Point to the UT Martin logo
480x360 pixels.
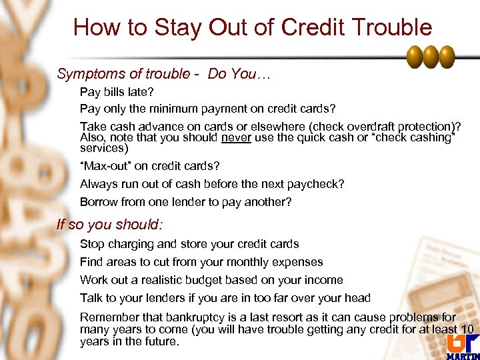coord(461,344)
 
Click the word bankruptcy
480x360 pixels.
coord(185,318)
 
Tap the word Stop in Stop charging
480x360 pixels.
coord(91,244)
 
